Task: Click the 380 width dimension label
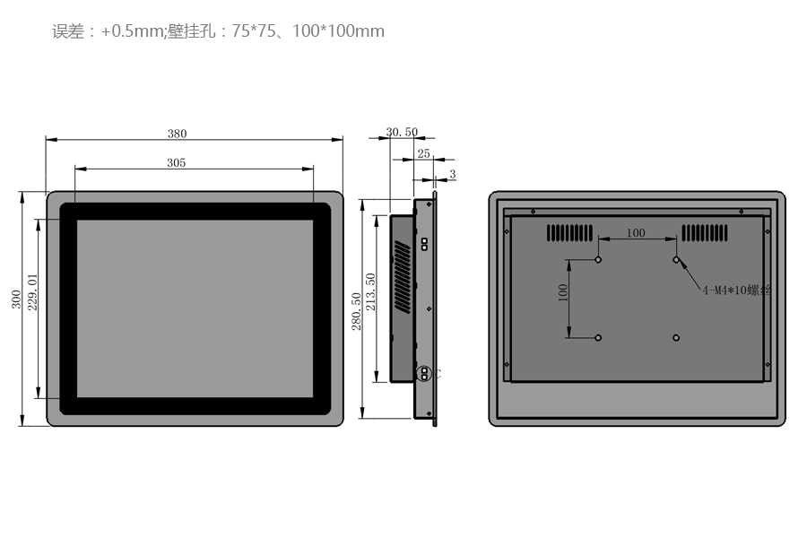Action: tap(177, 134)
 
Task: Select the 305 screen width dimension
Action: tap(176, 162)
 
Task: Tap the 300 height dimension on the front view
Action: tap(16, 299)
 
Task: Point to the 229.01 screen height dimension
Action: tap(32, 292)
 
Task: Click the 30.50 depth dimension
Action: tap(402, 132)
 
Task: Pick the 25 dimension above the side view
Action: tap(423, 153)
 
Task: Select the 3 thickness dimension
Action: tap(453, 174)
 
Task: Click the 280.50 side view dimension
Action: tap(356, 311)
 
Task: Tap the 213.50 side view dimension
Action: tap(370, 292)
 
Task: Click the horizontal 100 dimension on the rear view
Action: tap(636, 233)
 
